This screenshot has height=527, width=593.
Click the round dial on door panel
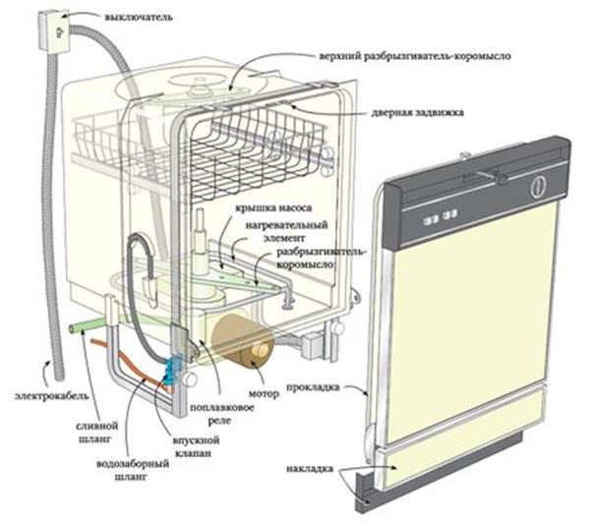(537, 184)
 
